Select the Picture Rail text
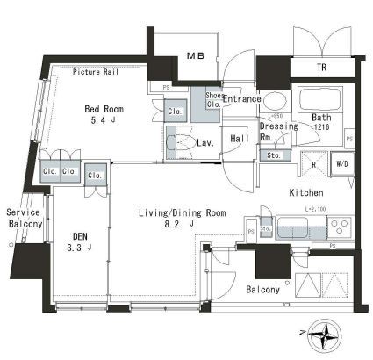point(97,73)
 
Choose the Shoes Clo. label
point(214,99)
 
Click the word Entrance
point(241,99)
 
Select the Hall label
point(240,137)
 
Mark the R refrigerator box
point(313,163)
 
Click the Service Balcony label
point(25,219)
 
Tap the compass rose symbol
point(326,334)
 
